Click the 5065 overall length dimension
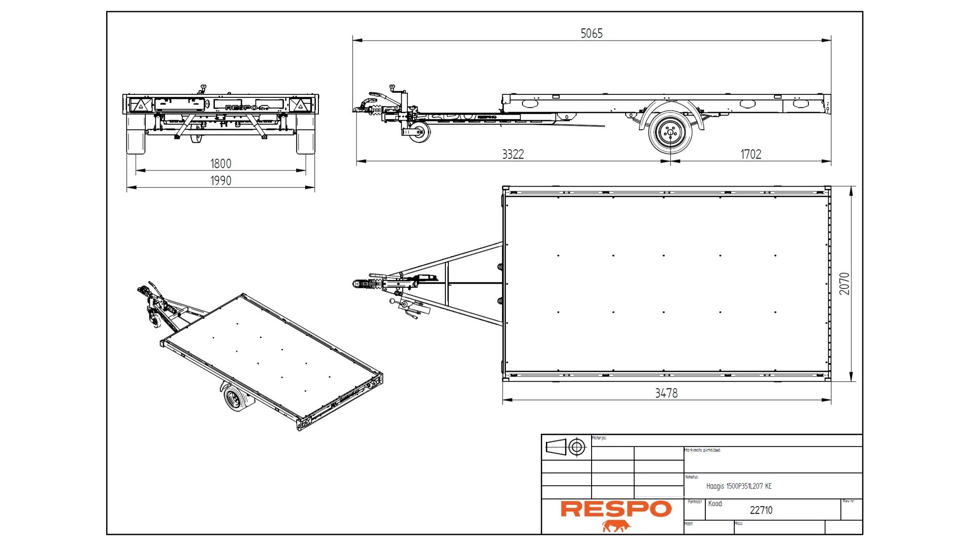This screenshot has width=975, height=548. click(591, 33)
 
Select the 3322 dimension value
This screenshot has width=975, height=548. click(512, 154)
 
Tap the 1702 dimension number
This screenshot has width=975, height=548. click(751, 154)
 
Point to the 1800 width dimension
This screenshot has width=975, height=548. click(220, 163)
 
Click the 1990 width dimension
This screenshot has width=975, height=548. click(220, 181)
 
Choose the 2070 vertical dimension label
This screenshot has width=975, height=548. click(844, 284)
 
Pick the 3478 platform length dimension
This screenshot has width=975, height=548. click(666, 393)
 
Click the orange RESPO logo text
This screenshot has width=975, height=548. click(615, 509)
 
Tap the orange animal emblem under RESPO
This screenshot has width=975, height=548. click(616, 526)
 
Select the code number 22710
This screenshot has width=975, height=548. click(761, 510)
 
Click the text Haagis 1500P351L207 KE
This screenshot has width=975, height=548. click(738, 486)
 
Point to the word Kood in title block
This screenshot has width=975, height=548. click(715, 504)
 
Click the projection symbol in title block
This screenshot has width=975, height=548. click(566, 447)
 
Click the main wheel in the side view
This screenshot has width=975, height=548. click(670, 133)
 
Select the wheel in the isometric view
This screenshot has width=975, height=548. click(235, 399)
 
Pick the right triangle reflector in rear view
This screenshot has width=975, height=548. click(300, 105)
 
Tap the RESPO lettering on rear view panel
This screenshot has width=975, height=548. click(242, 108)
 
